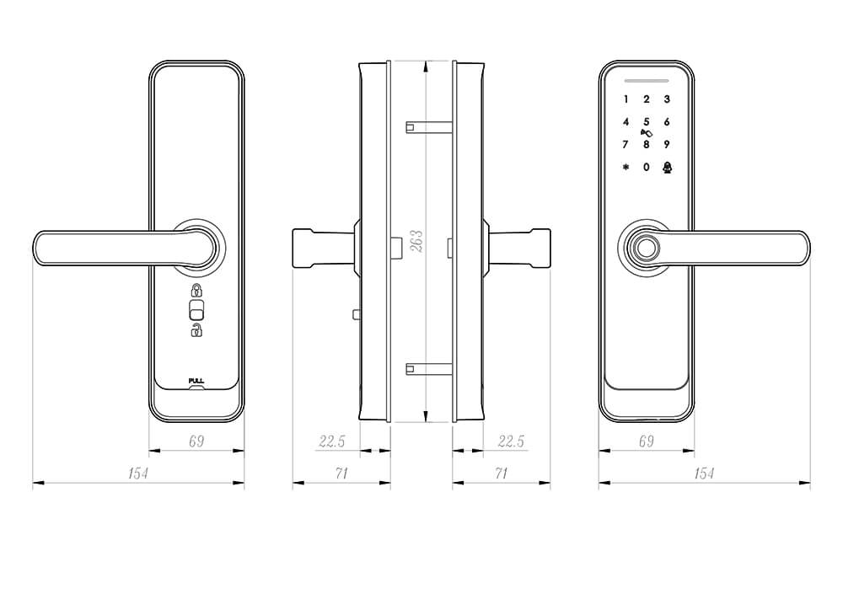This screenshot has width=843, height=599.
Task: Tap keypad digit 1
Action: [x=626, y=99]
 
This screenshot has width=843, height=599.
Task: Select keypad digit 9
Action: [x=667, y=144]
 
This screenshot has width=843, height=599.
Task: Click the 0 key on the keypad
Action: [x=647, y=167]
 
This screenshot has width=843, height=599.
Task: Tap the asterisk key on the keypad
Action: [x=626, y=167]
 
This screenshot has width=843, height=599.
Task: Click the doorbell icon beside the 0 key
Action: [x=667, y=167]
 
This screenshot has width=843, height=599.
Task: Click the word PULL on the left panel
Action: [x=196, y=381]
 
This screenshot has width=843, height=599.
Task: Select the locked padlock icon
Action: [x=196, y=291]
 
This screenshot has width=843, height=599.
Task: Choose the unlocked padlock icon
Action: [x=196, y=330]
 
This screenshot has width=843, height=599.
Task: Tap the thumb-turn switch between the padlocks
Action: [x=196, y=311]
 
